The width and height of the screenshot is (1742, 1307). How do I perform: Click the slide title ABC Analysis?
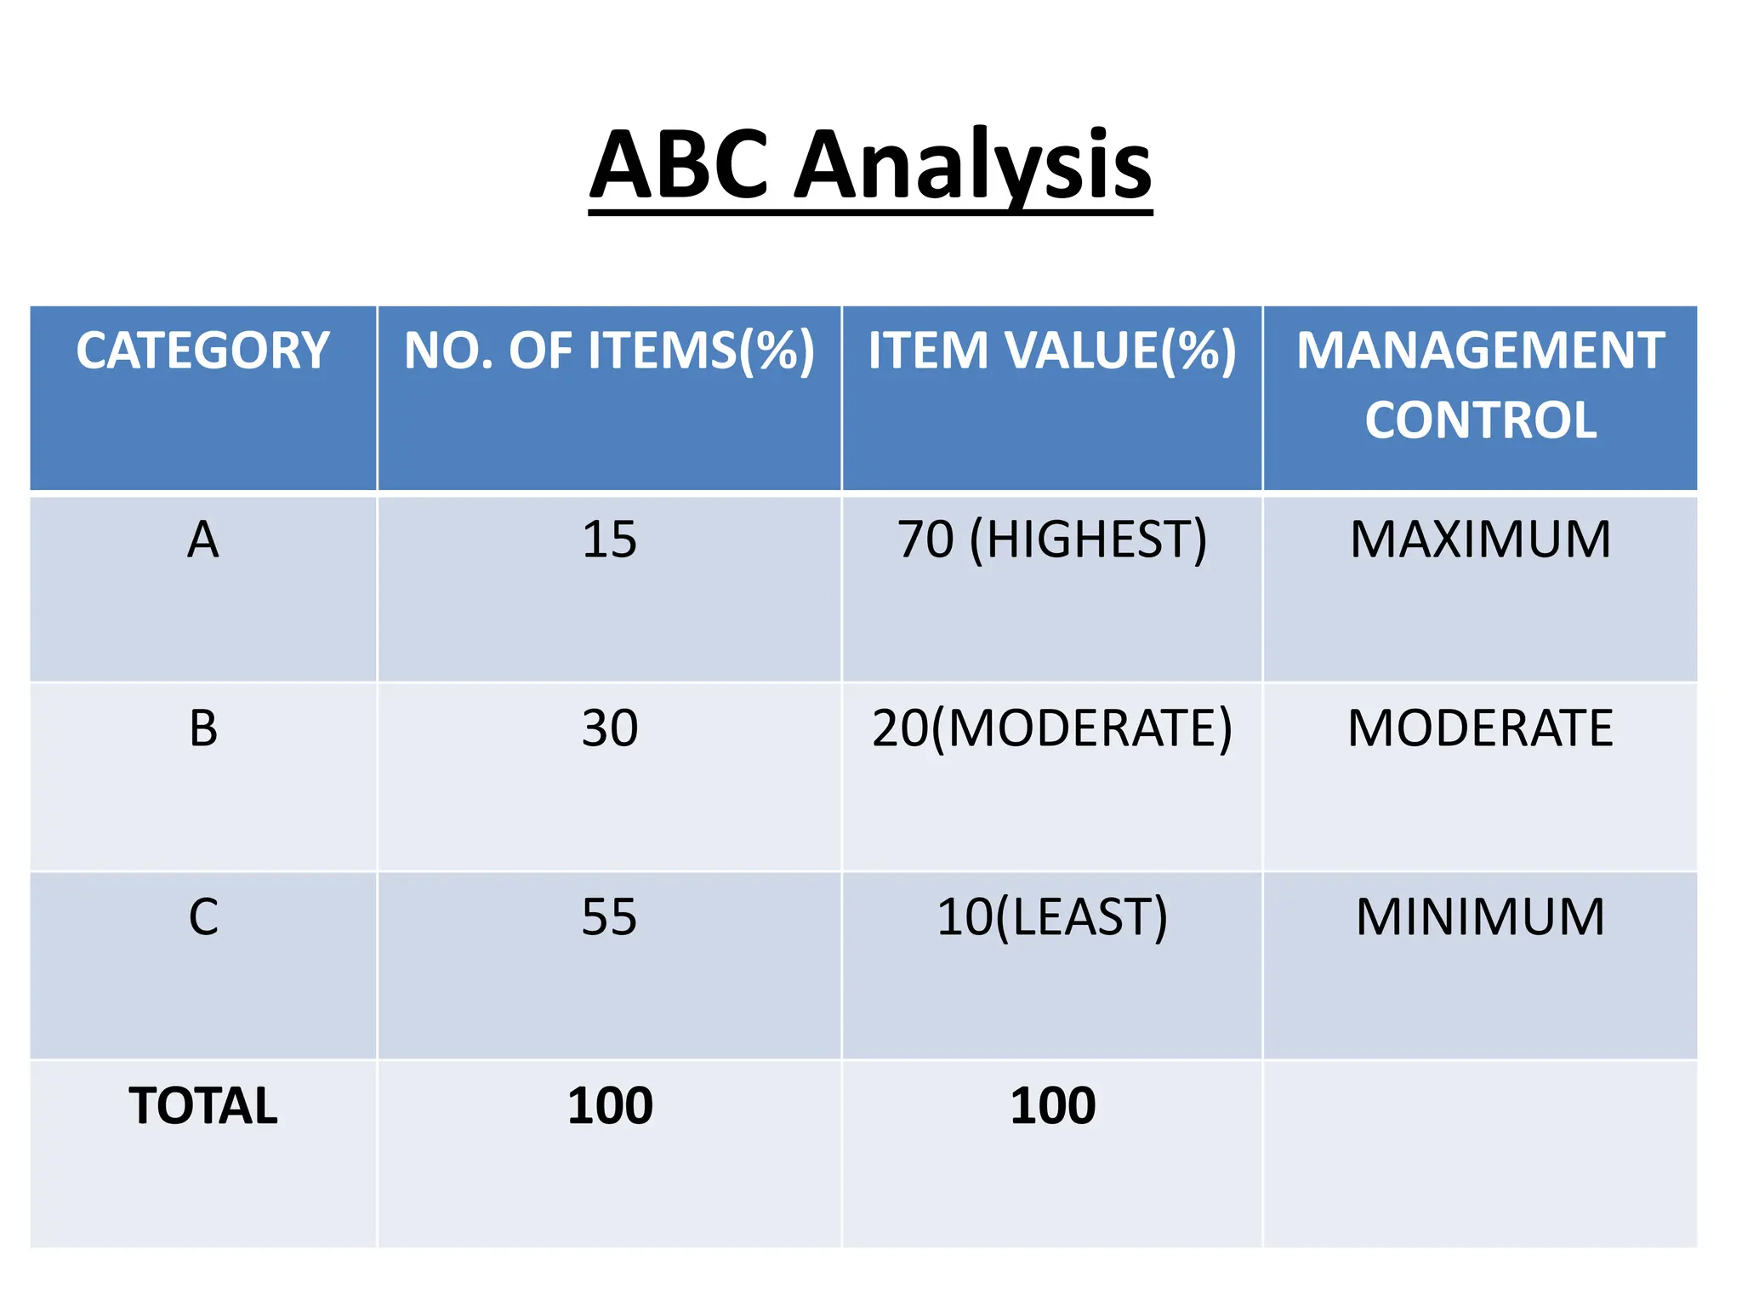870,165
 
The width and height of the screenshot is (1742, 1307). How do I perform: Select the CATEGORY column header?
202,351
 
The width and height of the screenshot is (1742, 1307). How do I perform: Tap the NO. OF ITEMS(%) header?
609,351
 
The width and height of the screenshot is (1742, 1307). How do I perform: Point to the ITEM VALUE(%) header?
1052,351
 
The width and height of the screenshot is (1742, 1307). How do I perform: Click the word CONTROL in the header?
1481,420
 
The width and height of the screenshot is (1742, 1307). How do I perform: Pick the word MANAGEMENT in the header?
1481,351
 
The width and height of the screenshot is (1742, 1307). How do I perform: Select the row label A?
203,539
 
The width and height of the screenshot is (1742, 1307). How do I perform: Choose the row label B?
203,728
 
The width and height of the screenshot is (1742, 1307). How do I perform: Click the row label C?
203,917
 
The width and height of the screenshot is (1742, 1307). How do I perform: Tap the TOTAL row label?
203,1106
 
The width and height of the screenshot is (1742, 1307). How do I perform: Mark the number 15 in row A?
609,539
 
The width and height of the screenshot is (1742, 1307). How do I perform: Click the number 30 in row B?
609,728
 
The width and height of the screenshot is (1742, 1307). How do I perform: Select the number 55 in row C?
609,917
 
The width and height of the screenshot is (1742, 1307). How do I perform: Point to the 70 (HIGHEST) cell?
1052,539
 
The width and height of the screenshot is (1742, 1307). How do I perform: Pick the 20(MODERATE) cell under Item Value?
1052,728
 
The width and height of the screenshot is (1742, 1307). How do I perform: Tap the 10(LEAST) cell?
1052,917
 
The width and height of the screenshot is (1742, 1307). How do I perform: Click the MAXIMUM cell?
1481,539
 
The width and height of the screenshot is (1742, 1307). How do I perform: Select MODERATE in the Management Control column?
1481,728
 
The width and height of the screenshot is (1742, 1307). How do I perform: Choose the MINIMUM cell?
1481,917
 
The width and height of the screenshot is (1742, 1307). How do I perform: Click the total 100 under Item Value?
1053,1106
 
